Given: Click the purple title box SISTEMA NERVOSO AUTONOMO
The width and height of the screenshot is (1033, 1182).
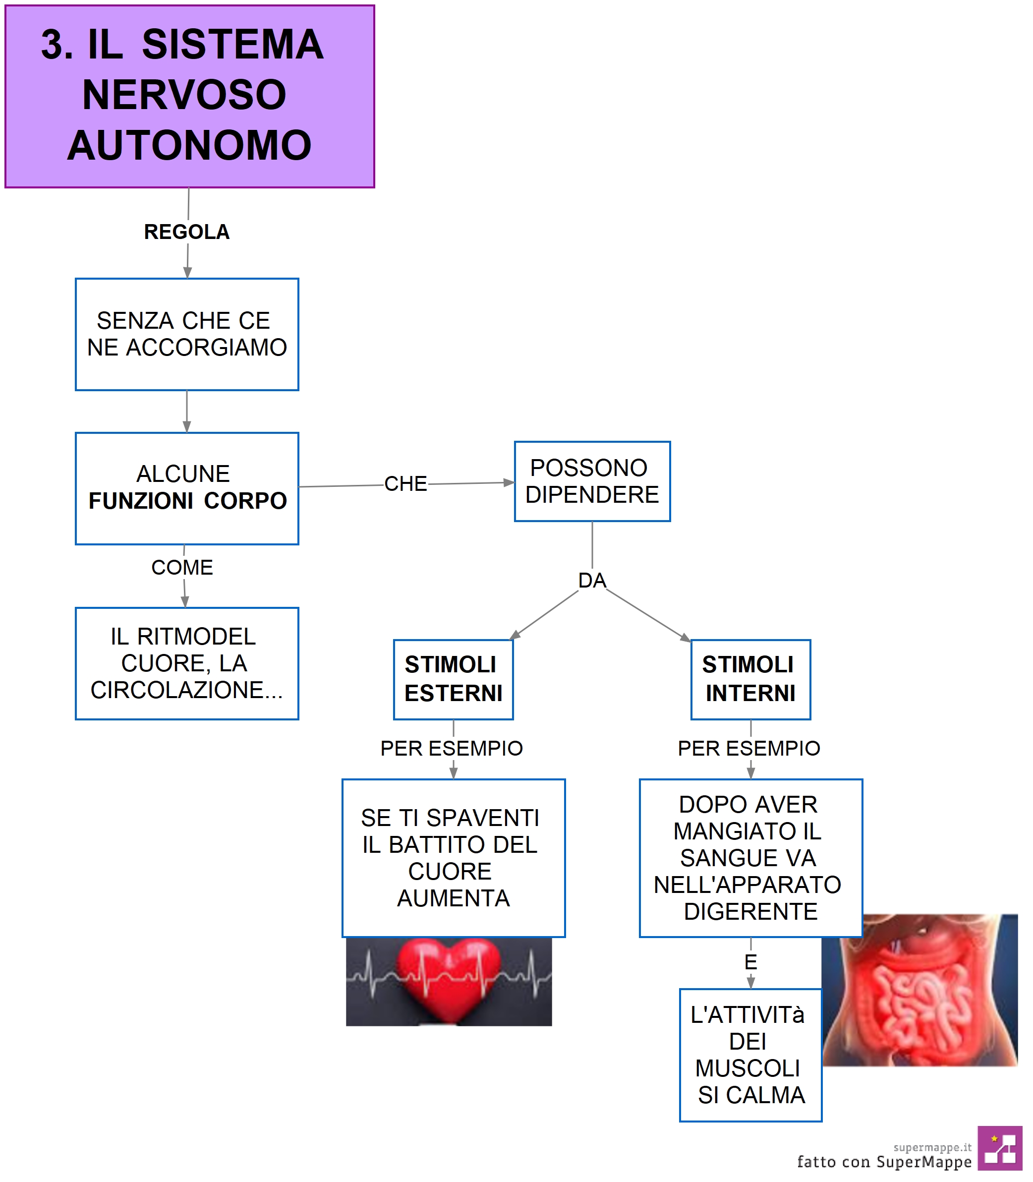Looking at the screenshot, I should coord(190,96).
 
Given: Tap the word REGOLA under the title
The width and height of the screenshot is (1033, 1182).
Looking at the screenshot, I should coord(187,232).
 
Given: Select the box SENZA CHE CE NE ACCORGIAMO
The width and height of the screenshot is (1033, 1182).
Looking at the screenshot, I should coord(187,334).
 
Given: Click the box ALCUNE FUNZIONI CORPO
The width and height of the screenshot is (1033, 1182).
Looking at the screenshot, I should coord(187,488).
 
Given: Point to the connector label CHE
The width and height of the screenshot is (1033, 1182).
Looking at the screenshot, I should coord(406,484).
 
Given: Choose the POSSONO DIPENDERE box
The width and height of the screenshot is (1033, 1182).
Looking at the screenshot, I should coord(592,481).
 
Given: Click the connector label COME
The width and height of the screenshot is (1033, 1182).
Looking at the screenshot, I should coord(182,567).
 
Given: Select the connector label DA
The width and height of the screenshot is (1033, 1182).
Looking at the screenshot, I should coord(592,581).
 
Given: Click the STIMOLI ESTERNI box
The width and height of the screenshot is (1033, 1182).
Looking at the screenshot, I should coord(453,679).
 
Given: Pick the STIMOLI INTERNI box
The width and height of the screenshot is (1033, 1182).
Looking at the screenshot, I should coord(750,679).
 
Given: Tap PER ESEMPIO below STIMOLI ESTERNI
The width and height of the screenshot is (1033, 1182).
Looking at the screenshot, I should coord(452,748).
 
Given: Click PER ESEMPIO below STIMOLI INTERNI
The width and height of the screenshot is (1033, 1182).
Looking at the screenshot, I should coord(749,748).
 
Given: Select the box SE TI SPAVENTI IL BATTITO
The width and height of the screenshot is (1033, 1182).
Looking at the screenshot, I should coord(453,858).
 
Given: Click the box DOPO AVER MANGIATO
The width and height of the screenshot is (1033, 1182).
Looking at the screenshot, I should coord(750,858).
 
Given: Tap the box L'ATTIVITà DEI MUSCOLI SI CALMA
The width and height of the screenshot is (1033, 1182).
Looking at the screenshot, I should coord(750,1055).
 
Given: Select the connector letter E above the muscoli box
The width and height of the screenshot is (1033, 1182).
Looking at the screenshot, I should coord(750,962).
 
